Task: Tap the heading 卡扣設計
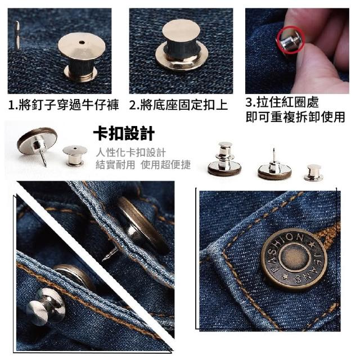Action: point(124,133)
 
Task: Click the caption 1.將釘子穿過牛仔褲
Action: point(64,105)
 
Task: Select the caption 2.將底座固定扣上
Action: point(178,105)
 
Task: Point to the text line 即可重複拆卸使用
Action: point(295,117)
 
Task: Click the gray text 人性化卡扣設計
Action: point(130,152)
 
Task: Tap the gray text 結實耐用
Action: point(115,165)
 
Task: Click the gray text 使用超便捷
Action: point(166,165)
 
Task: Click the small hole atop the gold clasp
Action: point(82,43)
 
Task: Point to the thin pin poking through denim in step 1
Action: point(17,35)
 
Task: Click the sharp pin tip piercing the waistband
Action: point(103,260)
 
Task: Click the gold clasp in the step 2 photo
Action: point(181,44)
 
